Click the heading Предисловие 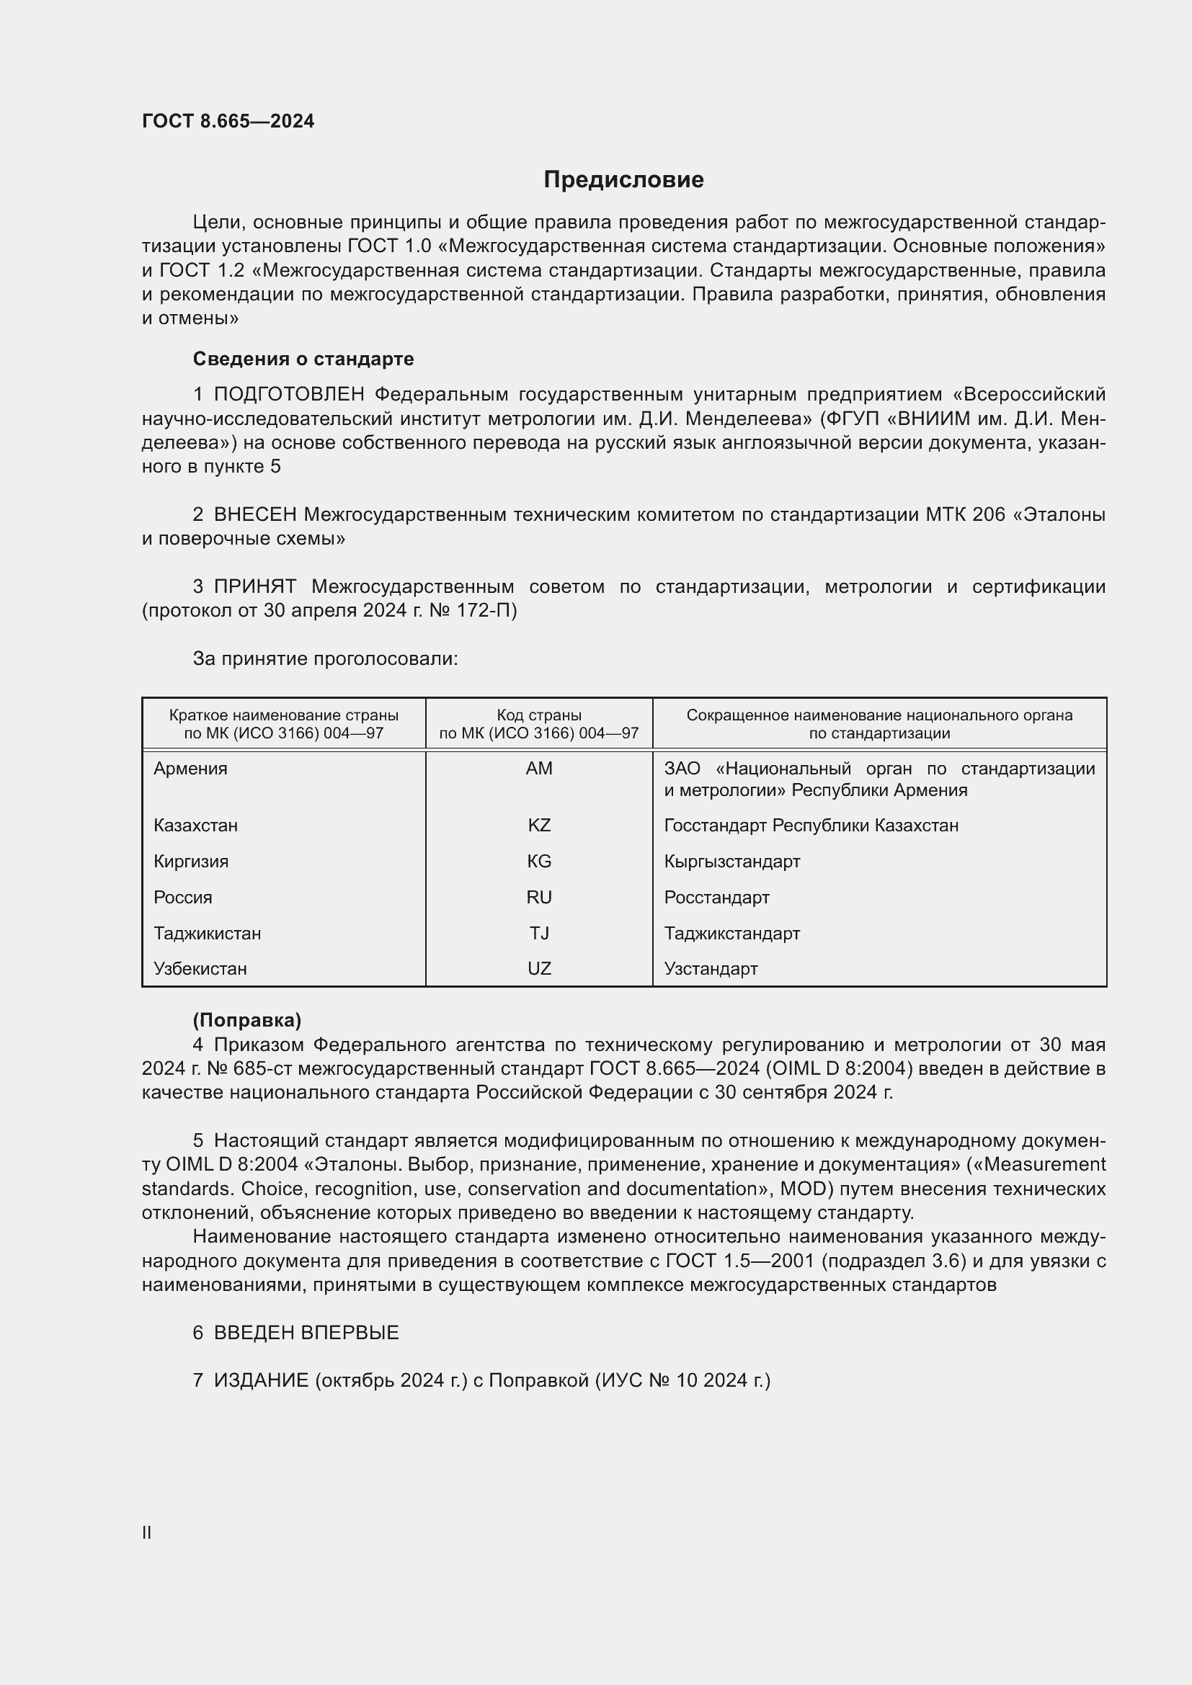point(623,180)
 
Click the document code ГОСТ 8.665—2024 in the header point(228,121)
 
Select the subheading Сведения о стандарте point(303,359)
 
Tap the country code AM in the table point(539,769)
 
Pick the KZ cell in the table point(539,825)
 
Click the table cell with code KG point(539,861)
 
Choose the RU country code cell point(539,897)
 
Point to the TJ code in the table point(539,933)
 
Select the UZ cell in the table point(539,968)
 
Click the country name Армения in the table point(190,769)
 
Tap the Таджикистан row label point(207,933)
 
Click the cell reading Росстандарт point(716,897)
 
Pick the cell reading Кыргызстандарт point(731,861)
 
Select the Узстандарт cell point(711,968)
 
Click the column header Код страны point(539,715)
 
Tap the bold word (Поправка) point(246,1020)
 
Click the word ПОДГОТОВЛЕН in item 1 point(288,394)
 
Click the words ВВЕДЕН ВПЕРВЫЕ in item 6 point(306,1333)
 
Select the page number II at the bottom point(147,1527)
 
